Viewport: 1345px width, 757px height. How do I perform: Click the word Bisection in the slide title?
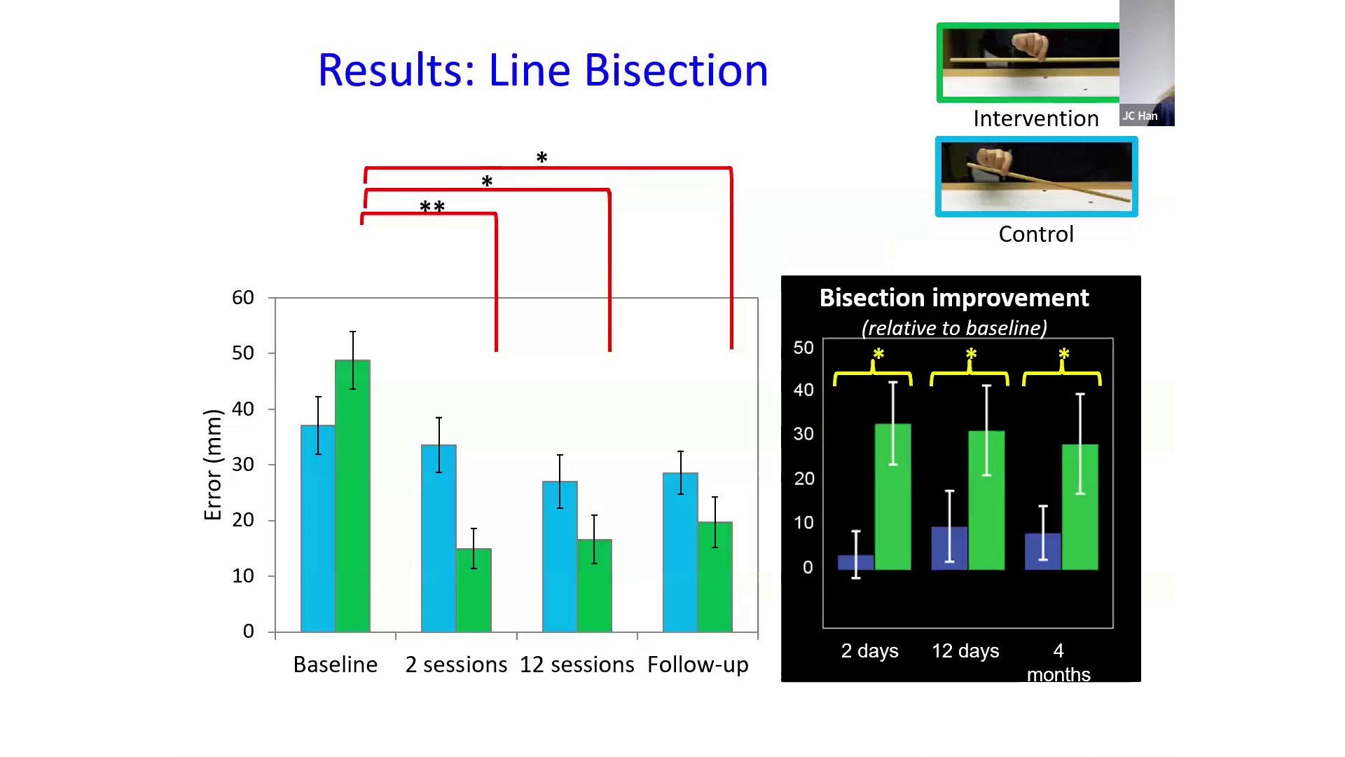point(675,70)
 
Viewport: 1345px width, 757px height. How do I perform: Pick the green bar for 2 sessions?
point(474,592)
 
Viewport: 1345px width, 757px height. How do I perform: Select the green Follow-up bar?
point(715,578)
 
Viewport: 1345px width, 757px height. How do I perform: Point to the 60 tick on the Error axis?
point(243,298)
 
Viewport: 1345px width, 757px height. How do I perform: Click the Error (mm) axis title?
point(212,465)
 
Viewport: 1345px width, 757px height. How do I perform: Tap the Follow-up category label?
point(698,664)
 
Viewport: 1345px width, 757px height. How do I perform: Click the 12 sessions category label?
point(577,664)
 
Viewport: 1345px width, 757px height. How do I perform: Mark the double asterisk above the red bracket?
point(432,207)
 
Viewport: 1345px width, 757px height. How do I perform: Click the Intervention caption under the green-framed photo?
point(1035,118)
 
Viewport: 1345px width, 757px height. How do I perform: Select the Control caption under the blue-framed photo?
point(1035,234)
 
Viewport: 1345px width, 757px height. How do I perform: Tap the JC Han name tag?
point(1140,116)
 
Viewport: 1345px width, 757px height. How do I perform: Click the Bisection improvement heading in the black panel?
point(954,298)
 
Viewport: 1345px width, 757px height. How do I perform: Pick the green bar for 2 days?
point(893,498)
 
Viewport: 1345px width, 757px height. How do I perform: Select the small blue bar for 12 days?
point(949,549)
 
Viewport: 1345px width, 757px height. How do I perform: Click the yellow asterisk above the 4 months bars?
point(1063,355)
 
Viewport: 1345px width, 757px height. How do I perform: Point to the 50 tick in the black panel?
point(803,348)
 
